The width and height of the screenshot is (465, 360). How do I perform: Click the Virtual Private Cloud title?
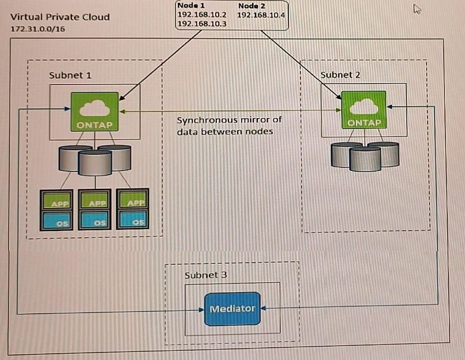point(60,17)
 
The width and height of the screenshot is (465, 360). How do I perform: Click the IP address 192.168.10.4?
point(261,14)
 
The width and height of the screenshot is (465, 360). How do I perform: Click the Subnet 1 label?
point(70,75)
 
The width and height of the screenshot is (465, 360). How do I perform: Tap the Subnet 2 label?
point(340,75)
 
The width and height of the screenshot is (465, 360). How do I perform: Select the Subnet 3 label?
point(205,275)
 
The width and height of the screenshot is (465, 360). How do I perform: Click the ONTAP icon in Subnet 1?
point(94,112)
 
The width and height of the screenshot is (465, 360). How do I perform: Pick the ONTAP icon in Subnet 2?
point(364,110)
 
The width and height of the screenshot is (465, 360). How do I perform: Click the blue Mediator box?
point(232,309)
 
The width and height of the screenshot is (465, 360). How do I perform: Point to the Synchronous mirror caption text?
point(229,126)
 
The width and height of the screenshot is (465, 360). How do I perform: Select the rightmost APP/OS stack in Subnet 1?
point(133,210)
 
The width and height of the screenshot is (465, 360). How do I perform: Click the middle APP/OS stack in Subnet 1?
point(95,210)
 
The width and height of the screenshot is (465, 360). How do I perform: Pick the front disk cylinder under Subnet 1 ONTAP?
point(95,162)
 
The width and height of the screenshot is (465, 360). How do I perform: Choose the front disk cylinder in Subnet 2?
point(365,158)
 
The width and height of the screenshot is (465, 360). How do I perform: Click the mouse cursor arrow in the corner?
point(417,9)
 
